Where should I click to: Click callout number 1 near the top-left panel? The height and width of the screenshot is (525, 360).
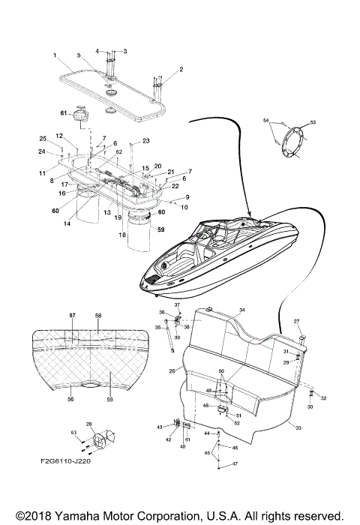55,55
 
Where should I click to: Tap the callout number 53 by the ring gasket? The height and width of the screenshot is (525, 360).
313,121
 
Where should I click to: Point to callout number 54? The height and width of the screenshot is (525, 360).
265,120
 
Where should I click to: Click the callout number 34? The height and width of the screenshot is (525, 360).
241,310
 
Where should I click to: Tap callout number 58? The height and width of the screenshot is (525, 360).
98,316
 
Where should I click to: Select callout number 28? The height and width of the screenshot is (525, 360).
89,424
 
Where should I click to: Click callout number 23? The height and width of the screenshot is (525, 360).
146,141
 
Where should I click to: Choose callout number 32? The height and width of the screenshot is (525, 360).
324,399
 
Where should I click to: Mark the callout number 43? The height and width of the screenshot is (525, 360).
160,427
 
